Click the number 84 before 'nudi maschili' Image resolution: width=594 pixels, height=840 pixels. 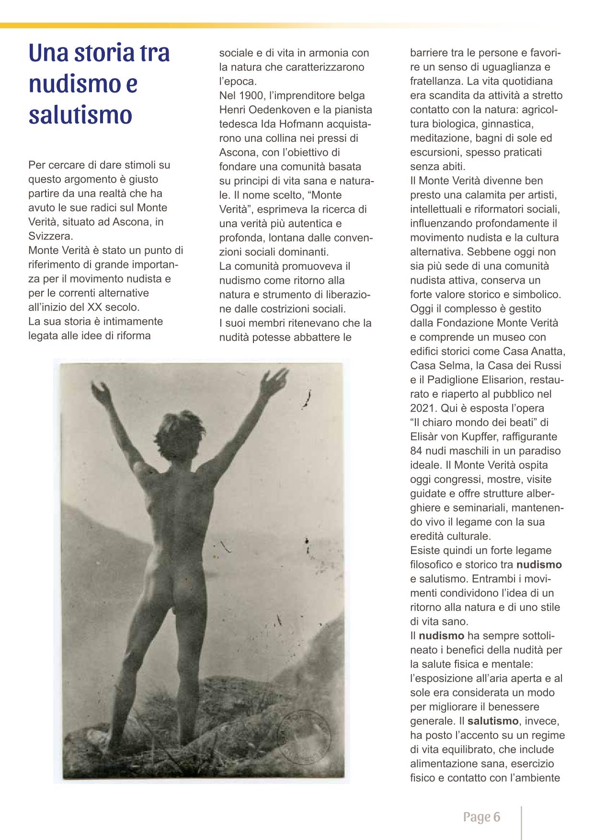pos(416,450)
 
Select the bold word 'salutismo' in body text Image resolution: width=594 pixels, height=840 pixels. pos(493,720)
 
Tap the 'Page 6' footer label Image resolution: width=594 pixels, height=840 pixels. pos(481,817)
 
